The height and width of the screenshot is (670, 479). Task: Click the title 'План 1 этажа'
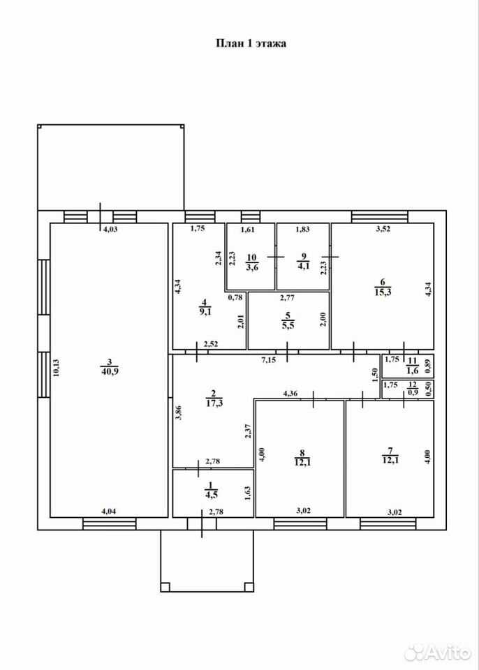(251, 43)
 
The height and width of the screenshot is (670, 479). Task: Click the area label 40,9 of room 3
(110, 371)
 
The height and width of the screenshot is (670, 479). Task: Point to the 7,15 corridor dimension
(269, 360)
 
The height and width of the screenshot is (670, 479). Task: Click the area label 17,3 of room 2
(214, 402)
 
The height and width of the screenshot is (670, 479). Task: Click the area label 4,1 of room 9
(304, 266)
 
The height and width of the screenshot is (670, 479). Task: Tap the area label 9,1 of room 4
(205, 312)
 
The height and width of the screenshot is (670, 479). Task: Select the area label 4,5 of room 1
(211, 496)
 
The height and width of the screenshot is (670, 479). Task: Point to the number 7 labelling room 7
(390, 451)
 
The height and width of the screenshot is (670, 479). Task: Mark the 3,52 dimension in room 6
(383, 229)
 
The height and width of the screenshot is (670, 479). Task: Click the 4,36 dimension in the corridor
(290, 394)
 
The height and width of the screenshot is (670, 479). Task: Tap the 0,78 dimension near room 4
(235, 298)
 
